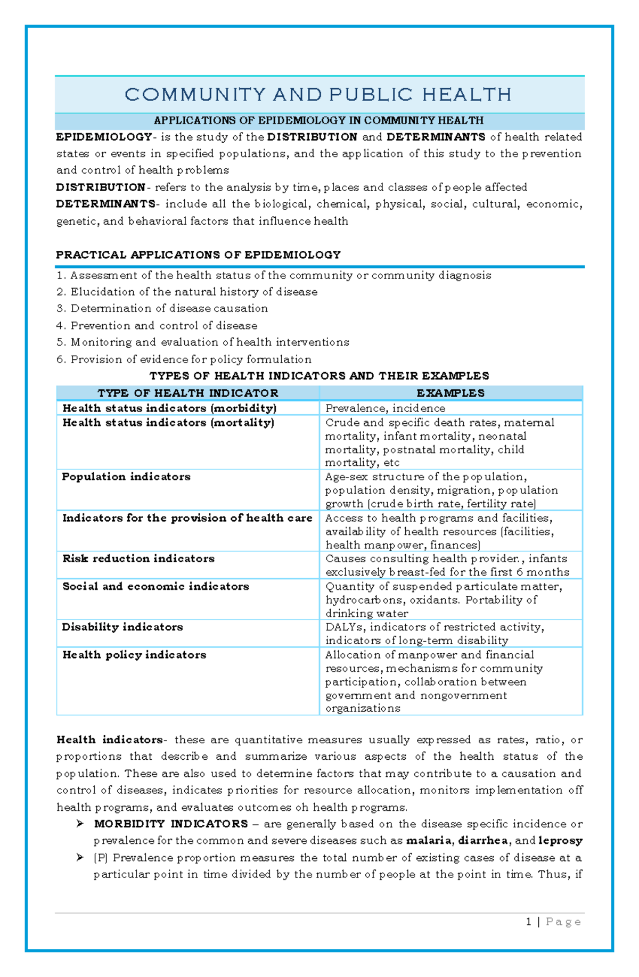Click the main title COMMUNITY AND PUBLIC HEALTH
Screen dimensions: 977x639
pyautogui.click(x=318, y=95)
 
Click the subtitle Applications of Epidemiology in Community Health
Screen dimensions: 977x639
pyautogui.click(x=318, y=121)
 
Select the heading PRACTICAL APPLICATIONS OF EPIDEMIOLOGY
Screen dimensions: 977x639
pyautogui.click(x=198, y=255)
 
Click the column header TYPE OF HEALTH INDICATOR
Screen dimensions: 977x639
pyautogui.click(x=187, y=393)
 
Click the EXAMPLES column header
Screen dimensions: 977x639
pyautogui.click(x=450, y=393)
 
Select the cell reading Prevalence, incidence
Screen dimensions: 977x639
pyautogui.click(x=385, y=408)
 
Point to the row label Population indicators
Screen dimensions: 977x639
pyautogui.click(x=126, y=477)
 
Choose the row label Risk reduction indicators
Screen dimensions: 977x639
pyautogui.click(x=138, y=559)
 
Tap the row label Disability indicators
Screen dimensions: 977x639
pyautogui.click(x=122, y=627)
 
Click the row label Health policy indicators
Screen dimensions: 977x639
pyautogui.click(x=134, y=655)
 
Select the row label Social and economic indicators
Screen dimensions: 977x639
pyautogui.click(x=155, y=586)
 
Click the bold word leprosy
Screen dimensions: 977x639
pyautogui.click(x=560, y=841)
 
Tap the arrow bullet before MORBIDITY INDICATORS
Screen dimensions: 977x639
pyautogui.click(x=80, y=824)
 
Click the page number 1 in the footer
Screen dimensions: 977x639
pyautogui.click(x=528, y=922)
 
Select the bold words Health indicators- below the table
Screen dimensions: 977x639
pyautogui.click(x=111, y=740)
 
